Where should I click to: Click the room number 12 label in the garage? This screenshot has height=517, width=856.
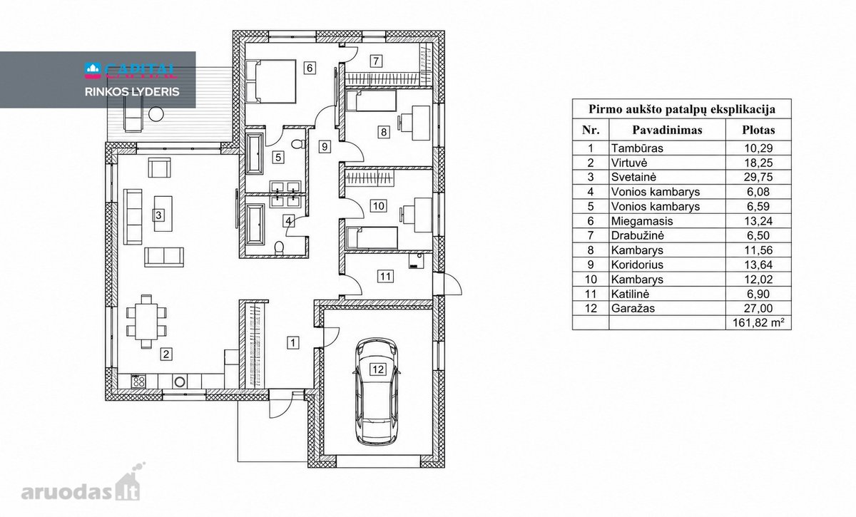(x=377, y=369)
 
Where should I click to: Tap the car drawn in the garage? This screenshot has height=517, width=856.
(x=377, y=391)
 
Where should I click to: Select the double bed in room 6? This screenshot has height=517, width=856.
(x=271, y=81)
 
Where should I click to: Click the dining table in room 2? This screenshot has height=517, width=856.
(x=146, y=322)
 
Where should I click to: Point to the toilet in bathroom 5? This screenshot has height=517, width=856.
(x=297, y=144)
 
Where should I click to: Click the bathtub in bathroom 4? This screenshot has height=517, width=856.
(x=255, y=225)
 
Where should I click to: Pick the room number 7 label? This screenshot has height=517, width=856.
(x=376, y=61)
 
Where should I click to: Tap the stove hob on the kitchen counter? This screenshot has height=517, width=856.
(x=138, y=381)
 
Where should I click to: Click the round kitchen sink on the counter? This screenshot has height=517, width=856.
(x=180, y=382)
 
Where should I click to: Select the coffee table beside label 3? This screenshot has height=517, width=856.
(x=163, y=214)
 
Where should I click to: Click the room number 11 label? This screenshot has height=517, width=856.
(x=385, y=276)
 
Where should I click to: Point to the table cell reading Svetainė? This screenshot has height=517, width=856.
(x=633, y=177)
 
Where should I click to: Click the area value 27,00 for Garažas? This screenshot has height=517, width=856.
(x=758, y=308)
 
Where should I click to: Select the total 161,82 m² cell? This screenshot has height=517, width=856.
(x=758, y=323)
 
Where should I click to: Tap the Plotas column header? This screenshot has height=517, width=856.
(x=758, y=130)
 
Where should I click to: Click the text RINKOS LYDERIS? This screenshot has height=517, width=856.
(x=132, y=92)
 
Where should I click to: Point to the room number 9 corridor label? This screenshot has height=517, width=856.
(x=324, y=146)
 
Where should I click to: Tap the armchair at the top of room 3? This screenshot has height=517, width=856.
(x=159, y=168)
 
